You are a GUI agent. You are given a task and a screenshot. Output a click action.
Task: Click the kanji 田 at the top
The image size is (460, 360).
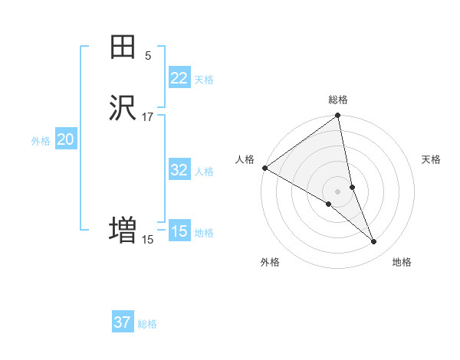[123, 48]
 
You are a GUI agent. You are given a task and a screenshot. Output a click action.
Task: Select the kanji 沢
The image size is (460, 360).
[123, 108]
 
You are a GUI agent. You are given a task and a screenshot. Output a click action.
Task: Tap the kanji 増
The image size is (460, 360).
[123, 230]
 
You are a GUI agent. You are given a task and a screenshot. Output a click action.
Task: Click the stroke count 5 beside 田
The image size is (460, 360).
[148, 56]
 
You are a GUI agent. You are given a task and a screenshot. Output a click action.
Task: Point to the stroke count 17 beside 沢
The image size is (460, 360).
[148, 116]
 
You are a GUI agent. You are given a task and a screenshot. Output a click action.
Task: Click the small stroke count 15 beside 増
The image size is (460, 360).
[148, 240]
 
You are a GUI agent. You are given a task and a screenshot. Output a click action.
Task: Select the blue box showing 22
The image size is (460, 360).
[179, 78]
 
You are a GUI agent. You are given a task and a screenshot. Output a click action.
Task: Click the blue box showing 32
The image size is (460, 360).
[179, 170]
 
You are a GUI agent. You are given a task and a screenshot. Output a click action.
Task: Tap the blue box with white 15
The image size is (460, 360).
[179, 231]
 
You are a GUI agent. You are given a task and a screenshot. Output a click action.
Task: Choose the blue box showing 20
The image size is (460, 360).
[65, 139]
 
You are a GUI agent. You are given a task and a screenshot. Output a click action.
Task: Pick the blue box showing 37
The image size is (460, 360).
[122, 322]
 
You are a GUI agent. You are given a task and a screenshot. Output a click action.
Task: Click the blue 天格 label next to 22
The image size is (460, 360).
[204, 80]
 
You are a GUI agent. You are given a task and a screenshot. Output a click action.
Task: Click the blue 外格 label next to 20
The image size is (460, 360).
[41, 141]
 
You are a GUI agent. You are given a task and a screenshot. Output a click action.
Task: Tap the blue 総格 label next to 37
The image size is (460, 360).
[147, 324]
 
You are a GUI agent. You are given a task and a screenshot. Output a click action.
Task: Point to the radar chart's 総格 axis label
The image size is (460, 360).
[338, 100]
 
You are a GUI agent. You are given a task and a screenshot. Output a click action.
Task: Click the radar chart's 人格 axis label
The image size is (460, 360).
[245, 159]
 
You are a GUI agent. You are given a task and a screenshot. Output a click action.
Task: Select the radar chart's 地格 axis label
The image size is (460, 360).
[402, 262]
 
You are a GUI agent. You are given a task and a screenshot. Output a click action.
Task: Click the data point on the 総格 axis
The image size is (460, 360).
[338, 116]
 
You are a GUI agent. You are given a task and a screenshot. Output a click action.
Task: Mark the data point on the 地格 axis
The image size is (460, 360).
[374, 242]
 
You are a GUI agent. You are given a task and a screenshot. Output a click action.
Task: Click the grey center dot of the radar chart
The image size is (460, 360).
[338, 191]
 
